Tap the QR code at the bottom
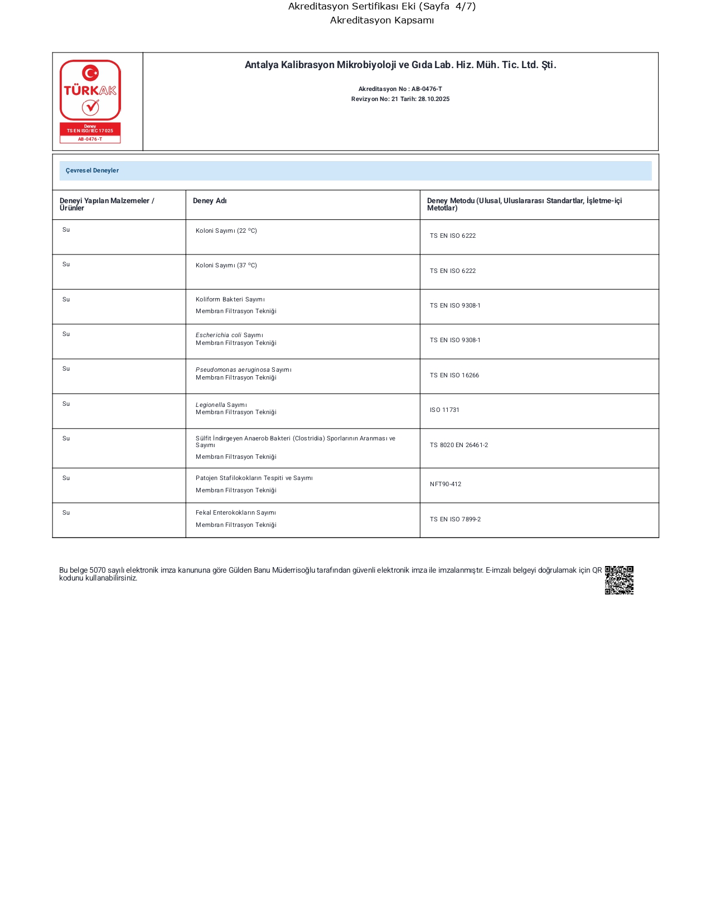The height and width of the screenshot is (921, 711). pyautogui.click(x=619, y=580)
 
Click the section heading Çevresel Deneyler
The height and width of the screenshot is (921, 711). pyautogui.click(x=92, y=171)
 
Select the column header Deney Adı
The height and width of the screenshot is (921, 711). pyautogui.click(x=210, y=201)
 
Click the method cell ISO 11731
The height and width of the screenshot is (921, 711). pyautogui.click(x=444, y=410)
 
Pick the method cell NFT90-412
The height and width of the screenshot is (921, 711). pyautogui.click(x=446, y=485)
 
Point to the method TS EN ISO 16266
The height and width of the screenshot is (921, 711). pyautogui.click(x=454, y=376)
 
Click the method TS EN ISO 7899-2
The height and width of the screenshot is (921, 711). pyautogui.click(x=455, y=520)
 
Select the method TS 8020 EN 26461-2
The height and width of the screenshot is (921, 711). pyautogui.click(x=458, y=445)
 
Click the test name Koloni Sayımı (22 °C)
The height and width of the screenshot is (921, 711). pyautogui.click(x=226, y=231)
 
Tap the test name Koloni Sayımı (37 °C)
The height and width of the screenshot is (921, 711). pyautogui.click(x=226, y=266)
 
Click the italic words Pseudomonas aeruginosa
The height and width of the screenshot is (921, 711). pyautogui.click(x=233, y=370)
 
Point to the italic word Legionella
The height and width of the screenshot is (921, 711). pyautogui.click(x=210, y=405)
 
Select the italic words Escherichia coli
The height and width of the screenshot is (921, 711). pyautogui.click(x=219, y=335)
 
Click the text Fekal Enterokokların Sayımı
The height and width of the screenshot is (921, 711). pyautogui.click(x=235, y=513)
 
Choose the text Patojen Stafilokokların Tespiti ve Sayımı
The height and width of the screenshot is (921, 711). pyautogui.click(x=254, y=478)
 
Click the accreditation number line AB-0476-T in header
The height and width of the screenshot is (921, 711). pyautogui.click(x=400, y=89)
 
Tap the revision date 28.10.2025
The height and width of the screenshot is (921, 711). pyautogui.click(x=434, y=99)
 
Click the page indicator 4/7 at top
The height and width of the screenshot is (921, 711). pyautogui.click(x=465, y=7)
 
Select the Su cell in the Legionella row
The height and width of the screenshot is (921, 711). pyautogui.click(x=66, y=404)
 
